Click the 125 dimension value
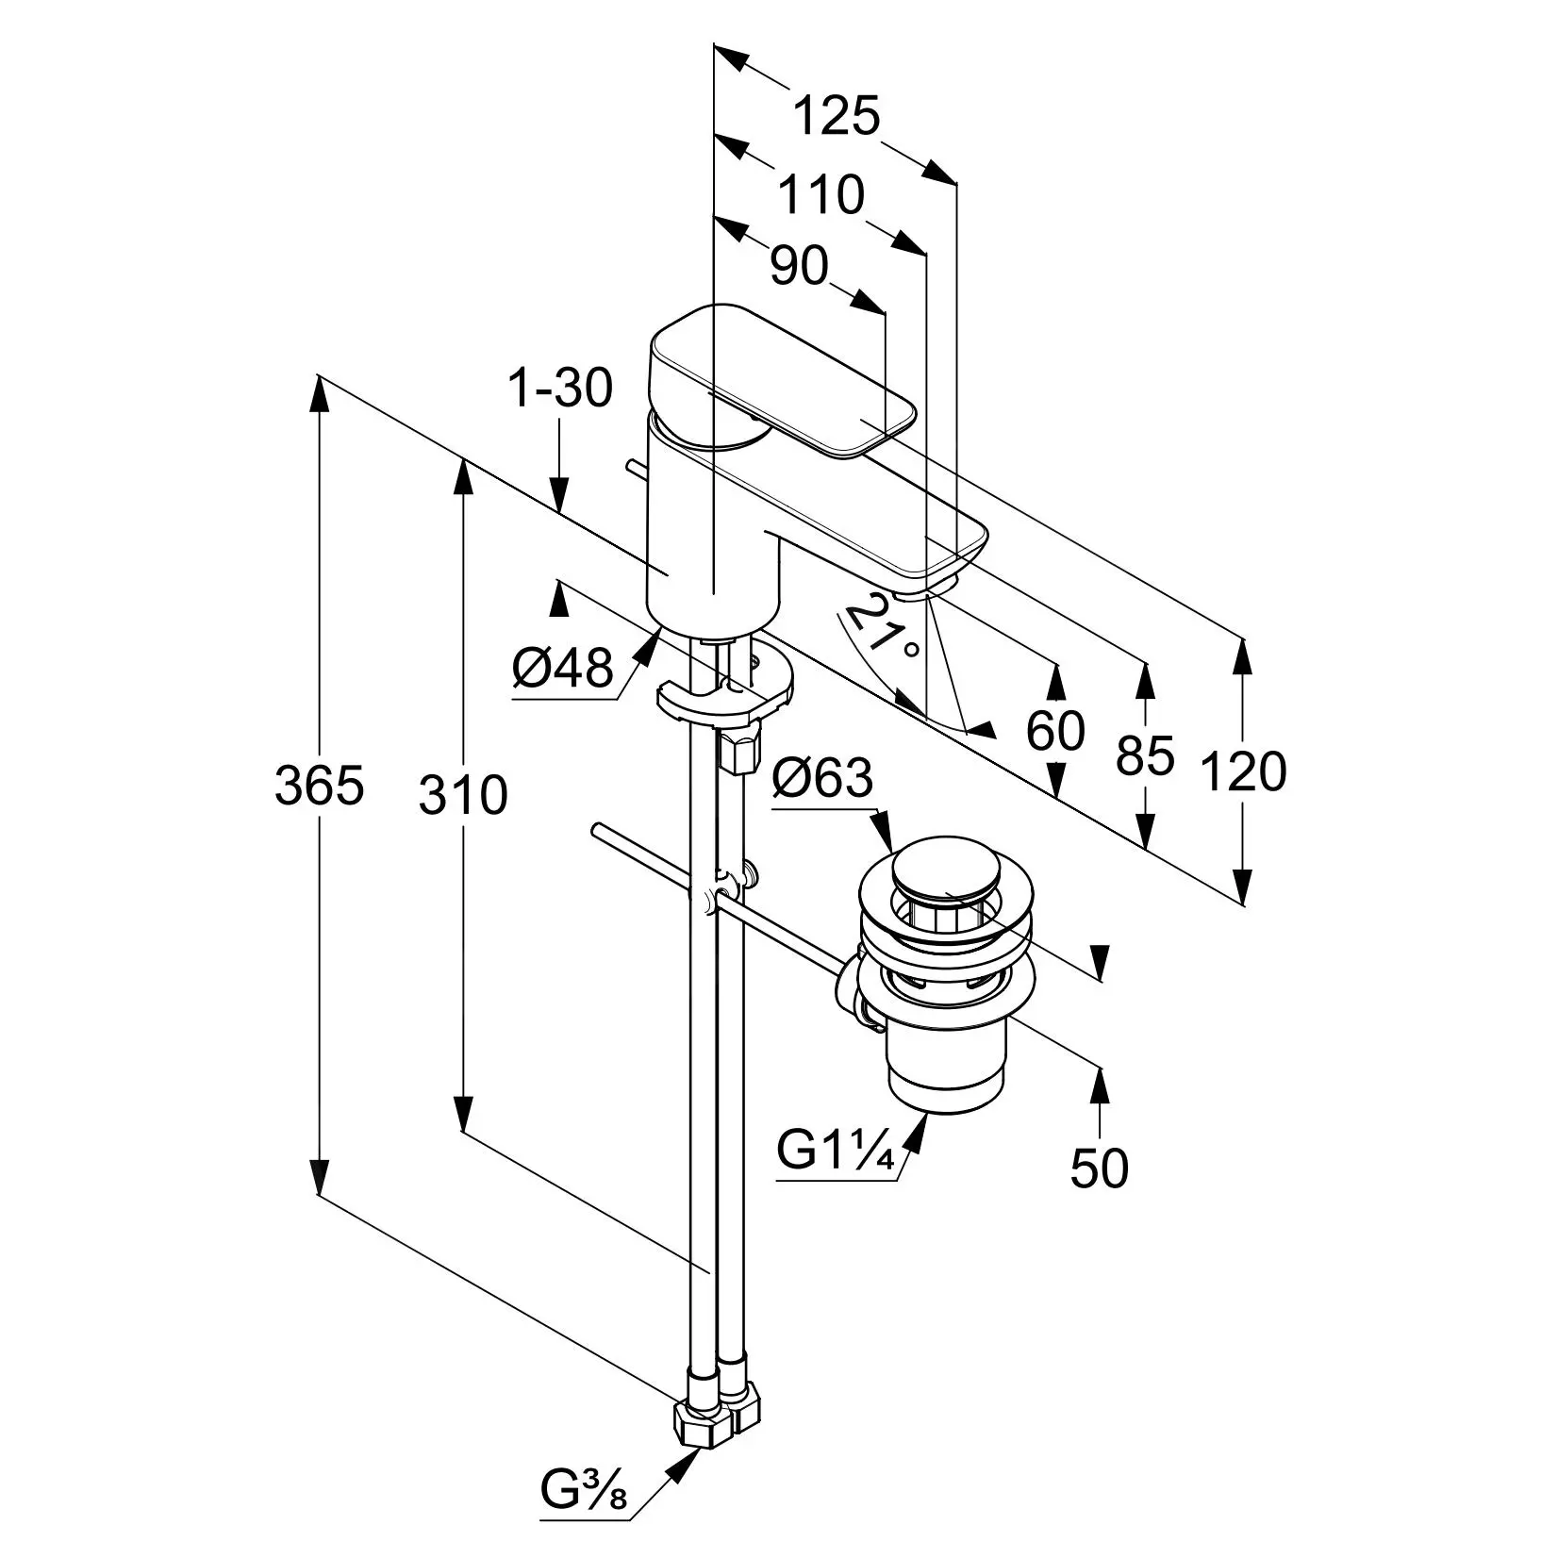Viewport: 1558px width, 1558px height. click(x=836, y=117)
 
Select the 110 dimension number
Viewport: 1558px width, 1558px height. click(x=820, y=195)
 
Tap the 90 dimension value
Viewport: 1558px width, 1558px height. click(x=799, y=267)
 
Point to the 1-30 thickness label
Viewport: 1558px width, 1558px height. click(x=560, y=388)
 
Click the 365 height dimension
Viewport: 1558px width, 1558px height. click(x=319, y=786)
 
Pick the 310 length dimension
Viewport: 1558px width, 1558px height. click(x=463, y=794)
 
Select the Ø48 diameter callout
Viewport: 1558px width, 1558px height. click(x=563, y=670)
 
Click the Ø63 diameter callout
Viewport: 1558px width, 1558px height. click(x=822, y=780)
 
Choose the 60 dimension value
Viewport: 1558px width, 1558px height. click(x=1055, y=731)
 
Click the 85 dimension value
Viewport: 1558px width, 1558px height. click(x=1145, y=755)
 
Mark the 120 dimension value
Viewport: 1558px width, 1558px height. click(x=1242, y=771)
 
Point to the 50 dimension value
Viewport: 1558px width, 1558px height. click(x=1099, y=1169)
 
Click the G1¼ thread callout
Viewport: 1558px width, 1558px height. click(x=835, y=1151)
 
